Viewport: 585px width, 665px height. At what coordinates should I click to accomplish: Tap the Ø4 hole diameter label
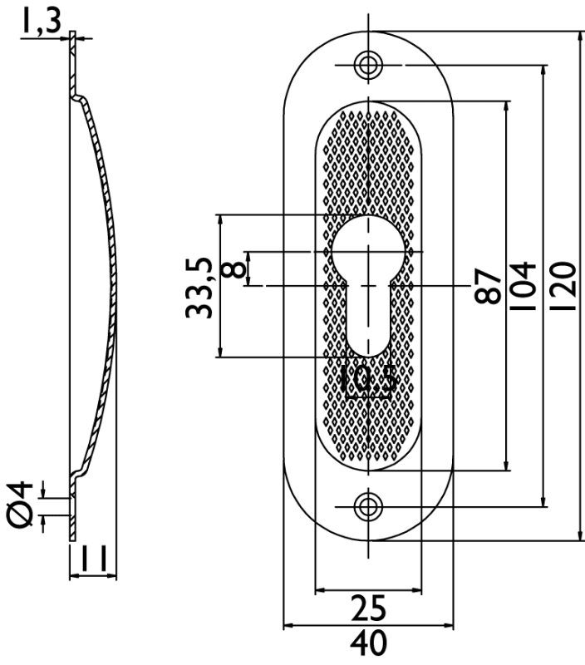(21, 505)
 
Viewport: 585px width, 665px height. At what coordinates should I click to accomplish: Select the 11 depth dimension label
(93, 559)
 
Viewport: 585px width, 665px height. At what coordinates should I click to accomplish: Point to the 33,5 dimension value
(199, 288)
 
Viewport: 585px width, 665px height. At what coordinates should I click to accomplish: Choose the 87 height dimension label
(488, 285)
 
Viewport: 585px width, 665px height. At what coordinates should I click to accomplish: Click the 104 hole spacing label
(523, 286)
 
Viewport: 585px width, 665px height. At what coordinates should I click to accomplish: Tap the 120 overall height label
(563, 286)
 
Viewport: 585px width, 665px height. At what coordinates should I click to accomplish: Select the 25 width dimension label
(368, 608)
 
